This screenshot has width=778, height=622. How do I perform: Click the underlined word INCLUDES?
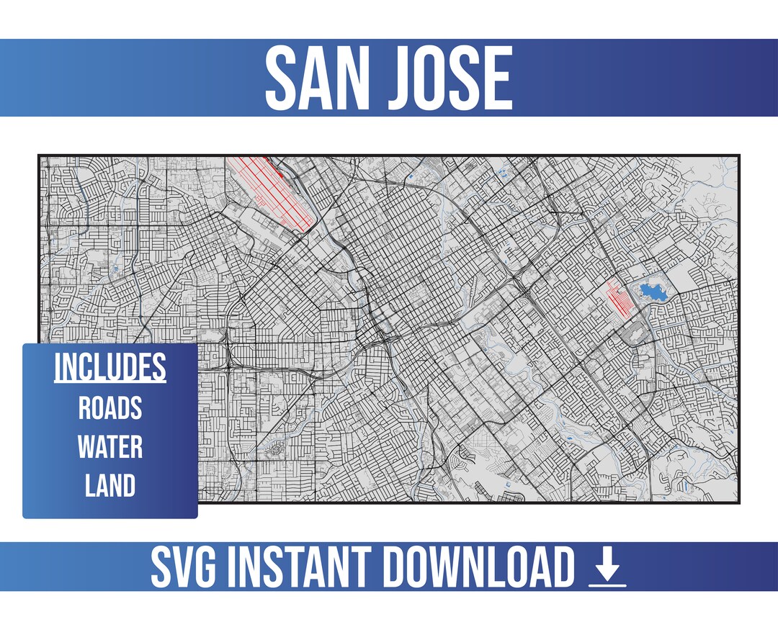(110, 367)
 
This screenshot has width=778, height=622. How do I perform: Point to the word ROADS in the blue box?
(110, 408)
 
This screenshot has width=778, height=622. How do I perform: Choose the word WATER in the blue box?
(110, 447)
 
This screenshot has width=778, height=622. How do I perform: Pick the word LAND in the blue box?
(110, 486)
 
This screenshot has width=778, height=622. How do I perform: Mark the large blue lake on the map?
(653, 292)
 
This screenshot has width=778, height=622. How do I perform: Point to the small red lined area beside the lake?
(620, 297)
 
